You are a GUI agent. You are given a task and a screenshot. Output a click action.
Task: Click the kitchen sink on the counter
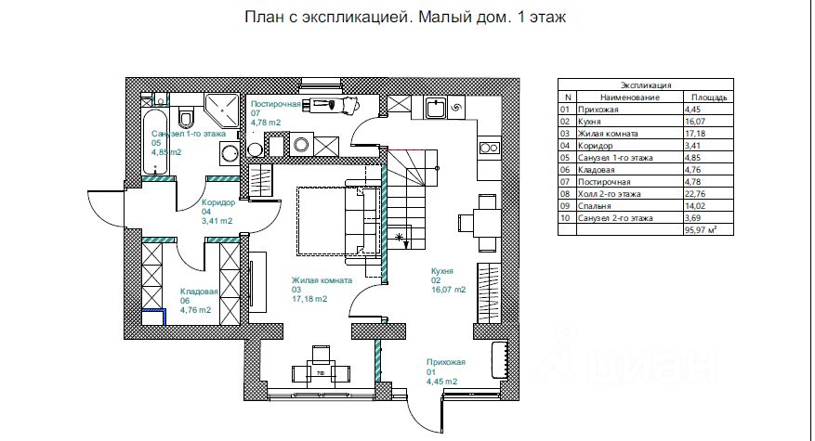coord(437,110)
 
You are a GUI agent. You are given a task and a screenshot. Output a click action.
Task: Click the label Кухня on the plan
coord(441,270)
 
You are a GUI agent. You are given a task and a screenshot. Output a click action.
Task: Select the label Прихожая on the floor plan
coord(445,362)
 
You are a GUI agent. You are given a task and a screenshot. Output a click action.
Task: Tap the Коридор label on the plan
coord(217,202)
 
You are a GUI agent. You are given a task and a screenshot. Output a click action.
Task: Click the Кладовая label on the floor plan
coord(199,291)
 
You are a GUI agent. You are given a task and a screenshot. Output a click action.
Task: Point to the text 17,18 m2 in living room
coord(309,299)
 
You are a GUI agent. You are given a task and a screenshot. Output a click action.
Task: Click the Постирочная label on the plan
coord(275,104)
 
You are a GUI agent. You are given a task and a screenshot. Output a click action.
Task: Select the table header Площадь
coord(709,97)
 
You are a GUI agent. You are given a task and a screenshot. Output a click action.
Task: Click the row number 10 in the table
coord(564,218)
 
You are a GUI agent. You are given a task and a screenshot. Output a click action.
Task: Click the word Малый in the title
coord(440,16)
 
